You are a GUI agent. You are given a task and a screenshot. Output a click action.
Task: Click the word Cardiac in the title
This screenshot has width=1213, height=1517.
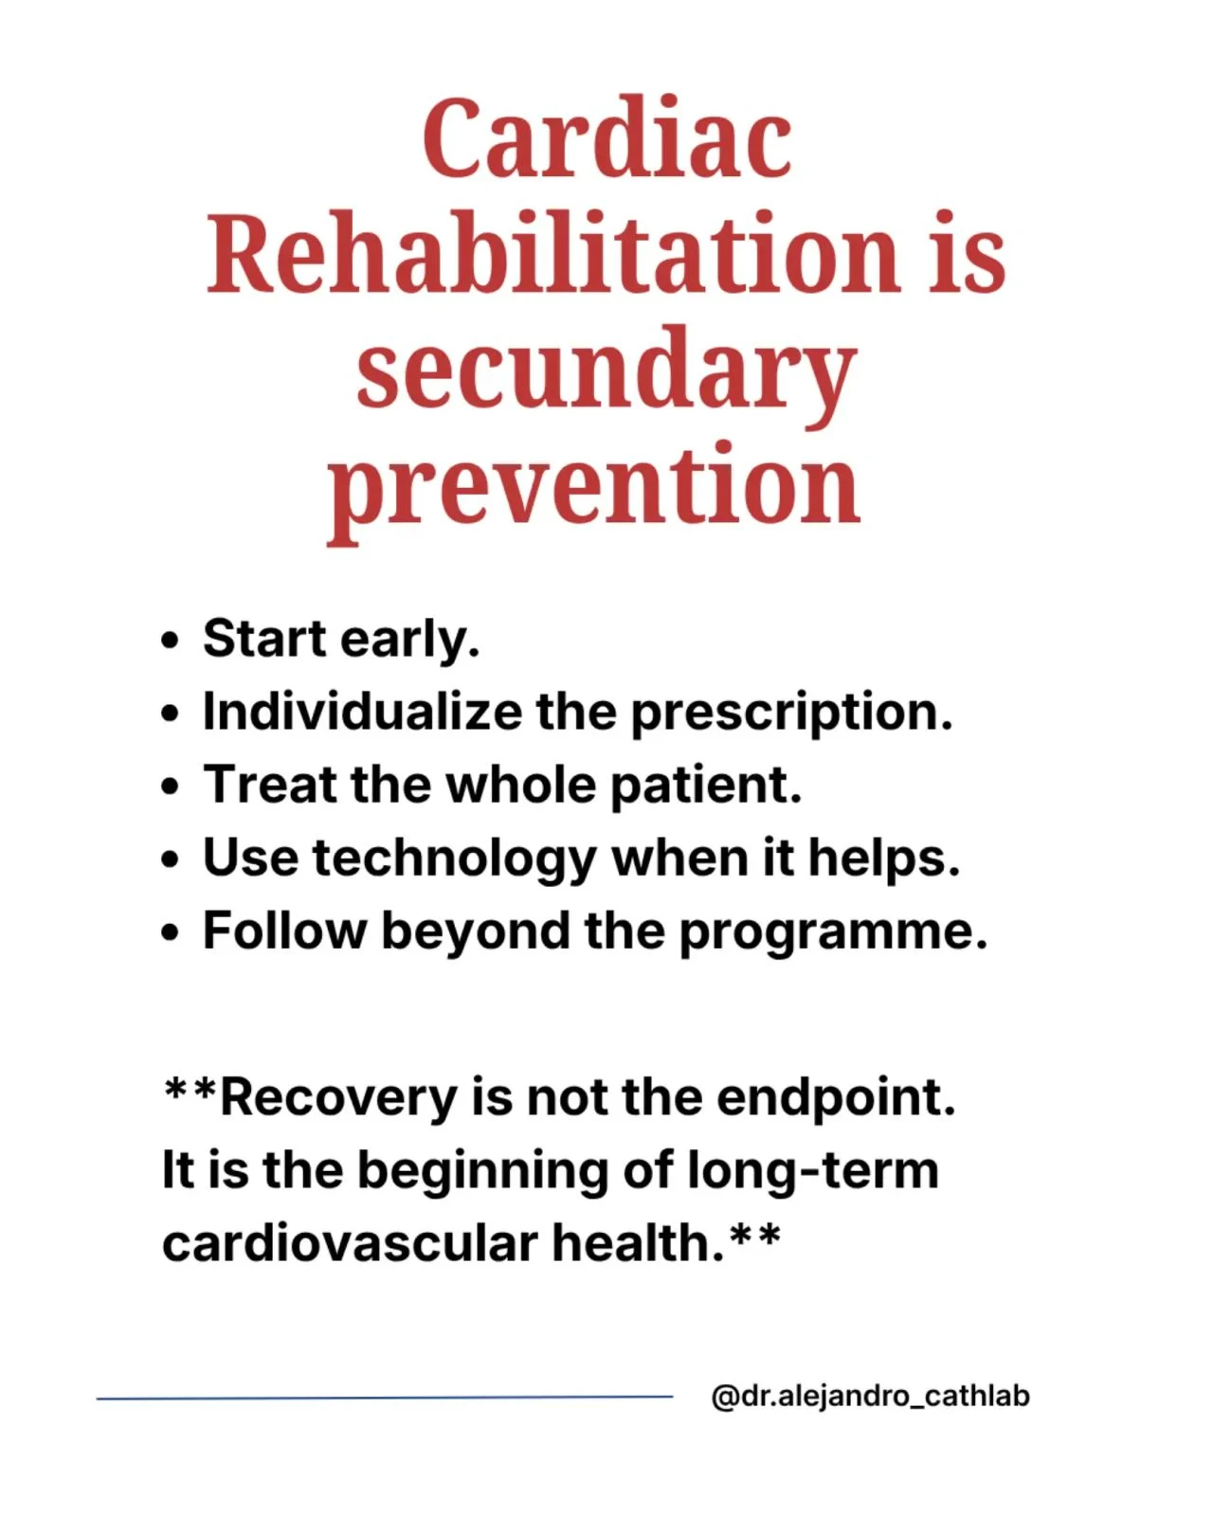(607, 138)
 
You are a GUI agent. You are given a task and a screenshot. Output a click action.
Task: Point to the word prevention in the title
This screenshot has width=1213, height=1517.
(593, 493)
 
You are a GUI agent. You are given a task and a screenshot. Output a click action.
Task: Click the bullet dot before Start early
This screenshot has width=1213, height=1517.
(170, 641)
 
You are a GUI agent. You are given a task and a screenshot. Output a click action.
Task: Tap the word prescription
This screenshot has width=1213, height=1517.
(792, 714)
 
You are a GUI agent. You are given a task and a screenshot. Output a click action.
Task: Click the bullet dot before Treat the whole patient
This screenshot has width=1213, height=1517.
(170, 786)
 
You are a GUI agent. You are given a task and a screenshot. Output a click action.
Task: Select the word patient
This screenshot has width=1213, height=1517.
(706, 786)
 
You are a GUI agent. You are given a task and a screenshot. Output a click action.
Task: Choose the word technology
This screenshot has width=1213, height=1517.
(455, 860)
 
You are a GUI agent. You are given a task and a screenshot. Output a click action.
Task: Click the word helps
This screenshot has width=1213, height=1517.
(884, 860)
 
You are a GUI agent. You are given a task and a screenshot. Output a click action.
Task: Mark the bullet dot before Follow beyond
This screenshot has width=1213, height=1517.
(170, 932)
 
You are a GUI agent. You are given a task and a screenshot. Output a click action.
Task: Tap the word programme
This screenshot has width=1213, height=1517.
(833, 933)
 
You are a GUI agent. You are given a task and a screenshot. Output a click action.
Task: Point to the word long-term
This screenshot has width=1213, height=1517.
(813, 1171)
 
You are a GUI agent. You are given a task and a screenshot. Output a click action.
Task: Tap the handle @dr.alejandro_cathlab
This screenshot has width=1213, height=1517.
(871, 1396)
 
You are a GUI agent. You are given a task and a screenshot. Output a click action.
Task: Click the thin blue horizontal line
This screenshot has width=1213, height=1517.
(385, 1397)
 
